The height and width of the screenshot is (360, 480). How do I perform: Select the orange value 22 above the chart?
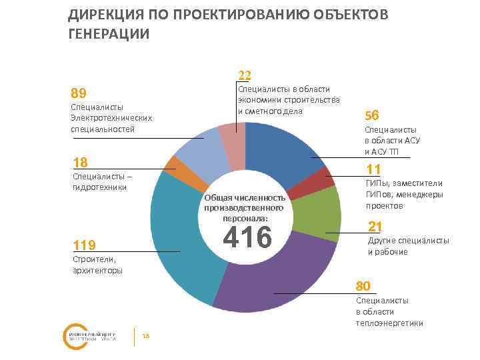[245, 75]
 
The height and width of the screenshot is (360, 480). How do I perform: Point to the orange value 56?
[372, 114]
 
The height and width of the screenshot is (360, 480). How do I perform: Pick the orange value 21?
[375, 225]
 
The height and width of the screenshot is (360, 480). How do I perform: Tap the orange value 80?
[363, 287]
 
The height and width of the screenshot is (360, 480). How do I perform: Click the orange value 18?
[80, 163]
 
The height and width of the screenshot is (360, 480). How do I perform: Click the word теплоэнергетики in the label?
[389, 323]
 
